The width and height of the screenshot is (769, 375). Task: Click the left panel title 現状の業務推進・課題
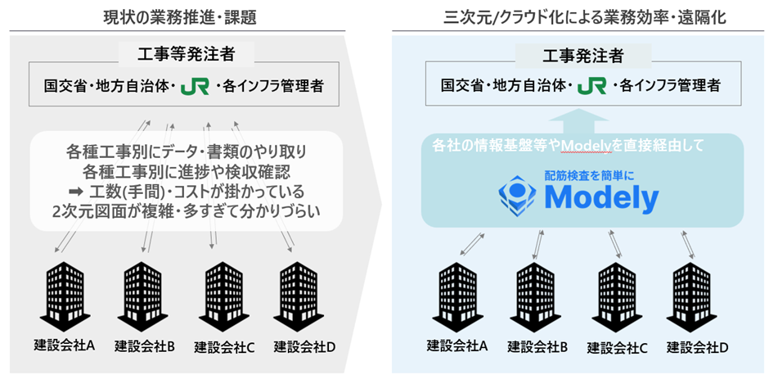coord(187,15)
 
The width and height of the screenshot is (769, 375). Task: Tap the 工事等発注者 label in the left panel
coord(187,55)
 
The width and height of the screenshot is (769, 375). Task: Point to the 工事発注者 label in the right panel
coord(583,55)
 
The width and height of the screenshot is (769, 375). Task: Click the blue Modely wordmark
coord(601,197)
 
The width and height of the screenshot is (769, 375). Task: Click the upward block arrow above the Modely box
coord(582,123)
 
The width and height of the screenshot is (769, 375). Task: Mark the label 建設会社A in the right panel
coord(457,346)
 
